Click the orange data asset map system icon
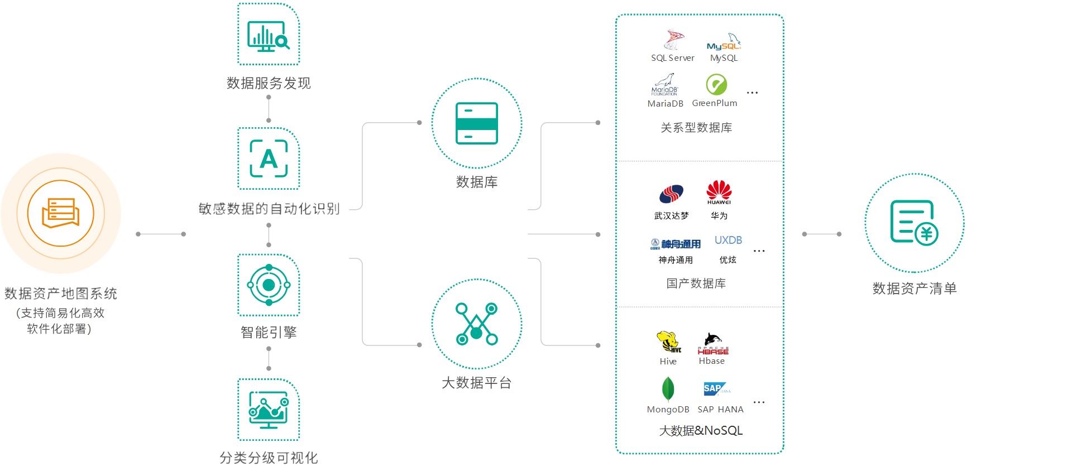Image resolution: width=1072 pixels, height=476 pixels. pyautogui.click(x=60, y=213)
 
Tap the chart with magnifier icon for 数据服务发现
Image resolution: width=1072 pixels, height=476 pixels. pyautogui.click(x=269, y=35)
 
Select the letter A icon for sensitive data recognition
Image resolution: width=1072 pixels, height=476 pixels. pyautogui.click(x=269, y=159)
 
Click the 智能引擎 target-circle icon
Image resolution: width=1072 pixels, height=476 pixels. pyautogui.click(x=269, y=285)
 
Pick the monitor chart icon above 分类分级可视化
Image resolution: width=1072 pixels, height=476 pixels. pyautogui.click(x=269, y=410)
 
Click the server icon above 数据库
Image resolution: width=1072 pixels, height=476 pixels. pyautogui.click(x=476, y=123)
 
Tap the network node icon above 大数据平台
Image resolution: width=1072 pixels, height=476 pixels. pyautogui.click(x=476, y=324)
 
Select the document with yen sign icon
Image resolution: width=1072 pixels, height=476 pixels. pyautogui.click(x=914, y=223)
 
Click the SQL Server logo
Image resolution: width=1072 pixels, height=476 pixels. pyautogui.click(x=673, y=40)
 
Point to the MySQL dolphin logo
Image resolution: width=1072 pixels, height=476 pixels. pyautogui.click(x=724, y=42)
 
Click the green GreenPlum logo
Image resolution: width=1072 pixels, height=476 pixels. pyautogui.click(x=716, y=85)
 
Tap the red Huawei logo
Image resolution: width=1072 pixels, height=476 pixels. pyautogui.click(x=719, y=192)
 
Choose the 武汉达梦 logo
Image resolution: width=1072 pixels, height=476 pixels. pyautogui.click(x=671, y=194)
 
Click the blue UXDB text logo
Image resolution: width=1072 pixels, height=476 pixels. pyautogui.click(x=728, y=241)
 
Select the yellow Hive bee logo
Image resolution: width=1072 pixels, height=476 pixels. pyautogui.click(x=668, y=342)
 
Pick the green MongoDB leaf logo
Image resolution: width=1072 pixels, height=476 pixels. pyautogui.click(x=668, y=389)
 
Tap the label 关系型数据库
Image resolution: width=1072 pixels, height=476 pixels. pyautogui.click(x=696, y=128)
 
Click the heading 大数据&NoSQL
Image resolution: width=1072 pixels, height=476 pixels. pyautogui.click(x=701, y=431)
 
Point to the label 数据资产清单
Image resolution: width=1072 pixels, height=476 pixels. pyautogui.click(x=915, y=289)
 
